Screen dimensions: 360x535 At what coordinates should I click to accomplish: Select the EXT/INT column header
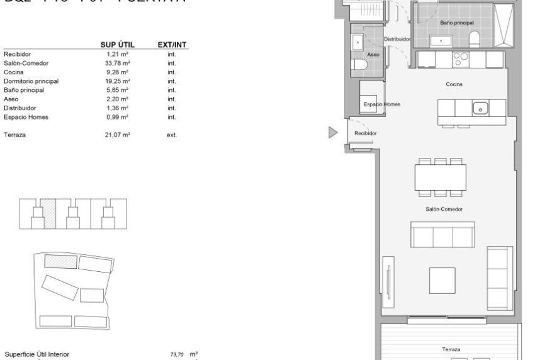tap(172, 45)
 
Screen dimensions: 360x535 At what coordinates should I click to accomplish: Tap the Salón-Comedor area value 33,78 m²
tap(118, 63)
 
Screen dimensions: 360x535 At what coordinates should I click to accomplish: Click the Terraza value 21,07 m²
tap(118, 135)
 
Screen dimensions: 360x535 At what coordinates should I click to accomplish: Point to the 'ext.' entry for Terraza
tap(171, 135)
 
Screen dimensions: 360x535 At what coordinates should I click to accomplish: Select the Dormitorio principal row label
tap(31, 81)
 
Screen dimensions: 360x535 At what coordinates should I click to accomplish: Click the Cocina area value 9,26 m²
tap(118, 72)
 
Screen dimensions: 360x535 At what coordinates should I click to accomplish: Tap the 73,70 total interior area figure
tap(177, 355)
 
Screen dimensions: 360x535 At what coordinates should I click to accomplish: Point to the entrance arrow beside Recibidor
tap(332, 132)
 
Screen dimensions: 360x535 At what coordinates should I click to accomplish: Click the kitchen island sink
tap(480, 108)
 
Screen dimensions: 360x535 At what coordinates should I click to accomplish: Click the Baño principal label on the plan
tap(456, 23)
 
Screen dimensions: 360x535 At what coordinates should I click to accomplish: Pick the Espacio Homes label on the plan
tap(381, 104)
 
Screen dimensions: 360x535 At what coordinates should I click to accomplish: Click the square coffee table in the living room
tap(443, 281)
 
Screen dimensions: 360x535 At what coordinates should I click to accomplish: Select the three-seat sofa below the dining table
tap(442, 234)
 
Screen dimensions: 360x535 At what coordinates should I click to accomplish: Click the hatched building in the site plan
tap(60, 261)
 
